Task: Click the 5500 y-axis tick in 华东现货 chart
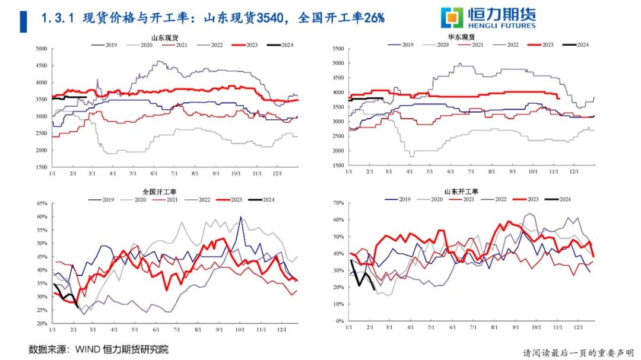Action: point(337,49)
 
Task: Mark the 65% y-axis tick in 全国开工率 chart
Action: point(42,203)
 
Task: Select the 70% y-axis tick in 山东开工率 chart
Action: point(338,203)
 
